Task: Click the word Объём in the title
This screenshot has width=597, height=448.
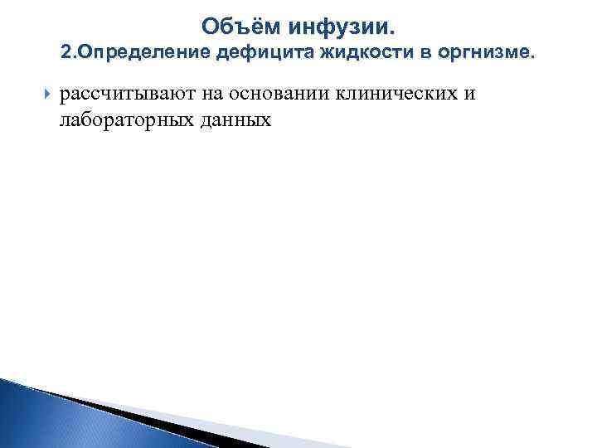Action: click(x=240, y=27)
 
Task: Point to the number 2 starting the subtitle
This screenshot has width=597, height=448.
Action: click(x=66, y=55)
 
